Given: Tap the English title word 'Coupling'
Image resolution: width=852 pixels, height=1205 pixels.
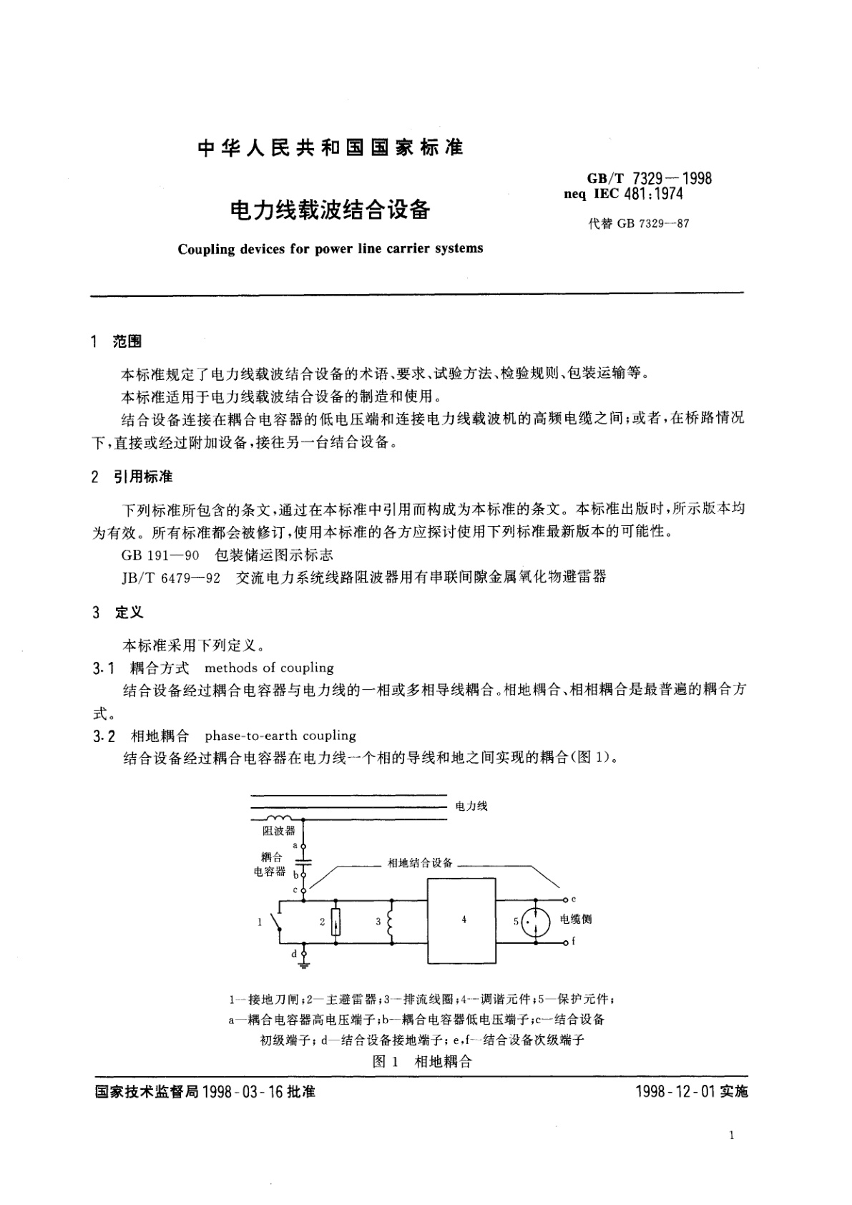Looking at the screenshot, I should (x=207, y=249).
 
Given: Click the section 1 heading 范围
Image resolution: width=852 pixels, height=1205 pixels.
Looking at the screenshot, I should (x=127, y=341).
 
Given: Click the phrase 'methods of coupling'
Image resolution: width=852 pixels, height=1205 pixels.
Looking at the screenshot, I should (x=269, y=668).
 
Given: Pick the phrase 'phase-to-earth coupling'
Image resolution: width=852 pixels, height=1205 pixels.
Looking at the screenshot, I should (x=280, y=736).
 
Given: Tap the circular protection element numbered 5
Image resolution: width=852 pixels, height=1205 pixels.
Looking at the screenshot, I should (x=535, y=922).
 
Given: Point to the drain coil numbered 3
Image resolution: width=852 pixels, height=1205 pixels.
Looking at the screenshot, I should (x=391, y=922).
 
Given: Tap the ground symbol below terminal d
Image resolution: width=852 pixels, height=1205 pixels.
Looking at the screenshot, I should (x=304, y=966).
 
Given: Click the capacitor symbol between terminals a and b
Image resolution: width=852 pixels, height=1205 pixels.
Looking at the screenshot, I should (x=304, y=859).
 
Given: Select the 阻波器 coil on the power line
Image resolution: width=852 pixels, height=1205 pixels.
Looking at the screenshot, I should (x=278, y=818).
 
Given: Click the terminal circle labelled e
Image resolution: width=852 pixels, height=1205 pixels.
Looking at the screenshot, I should (x=566, y=899).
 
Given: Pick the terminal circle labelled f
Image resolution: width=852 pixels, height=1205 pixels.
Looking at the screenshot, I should (x=566, y=943).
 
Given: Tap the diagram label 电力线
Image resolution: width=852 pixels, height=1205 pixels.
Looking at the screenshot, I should (x=471, y=806).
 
